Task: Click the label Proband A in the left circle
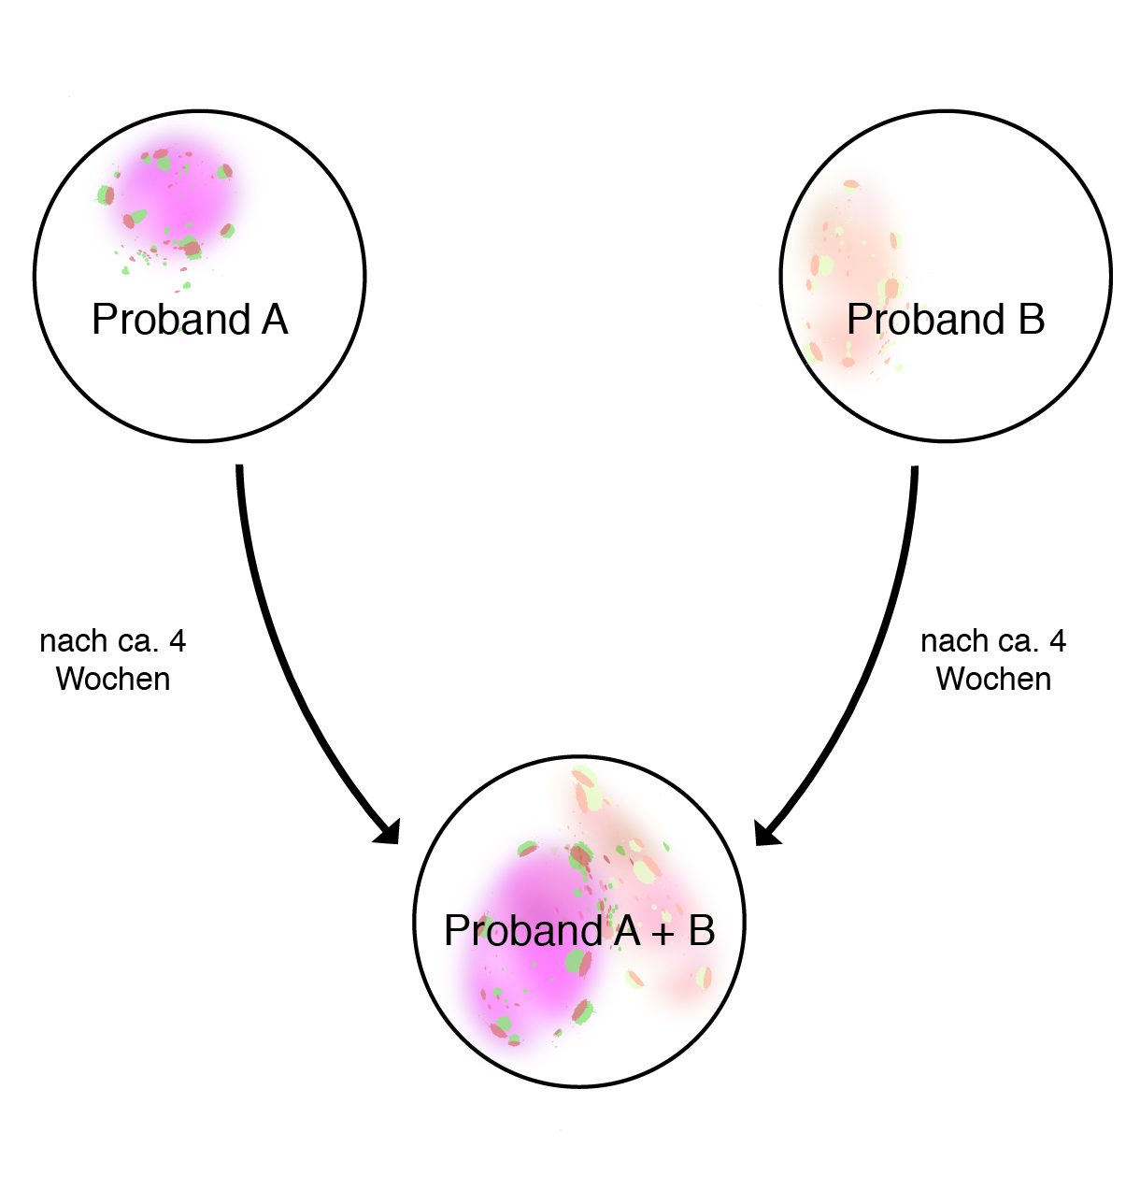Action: coord(190,319)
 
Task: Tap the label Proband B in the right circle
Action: coord(945,319)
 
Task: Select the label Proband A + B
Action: coord(578,930)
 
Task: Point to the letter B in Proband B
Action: coord(1032,319)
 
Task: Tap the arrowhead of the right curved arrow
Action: coord(766,834)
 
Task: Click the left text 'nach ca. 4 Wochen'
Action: coord(113,660)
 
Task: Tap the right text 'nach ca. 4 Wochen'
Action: coord(993,660)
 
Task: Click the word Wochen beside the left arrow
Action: coord(113,679)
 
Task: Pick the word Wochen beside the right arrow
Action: coord(993,679)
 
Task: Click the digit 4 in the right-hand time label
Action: coord(1058,641)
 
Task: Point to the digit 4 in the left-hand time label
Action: coord(178,641)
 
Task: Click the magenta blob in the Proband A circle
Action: coord(174,193)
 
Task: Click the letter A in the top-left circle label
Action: coord(275,319)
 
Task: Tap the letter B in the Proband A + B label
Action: coord(702,930)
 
